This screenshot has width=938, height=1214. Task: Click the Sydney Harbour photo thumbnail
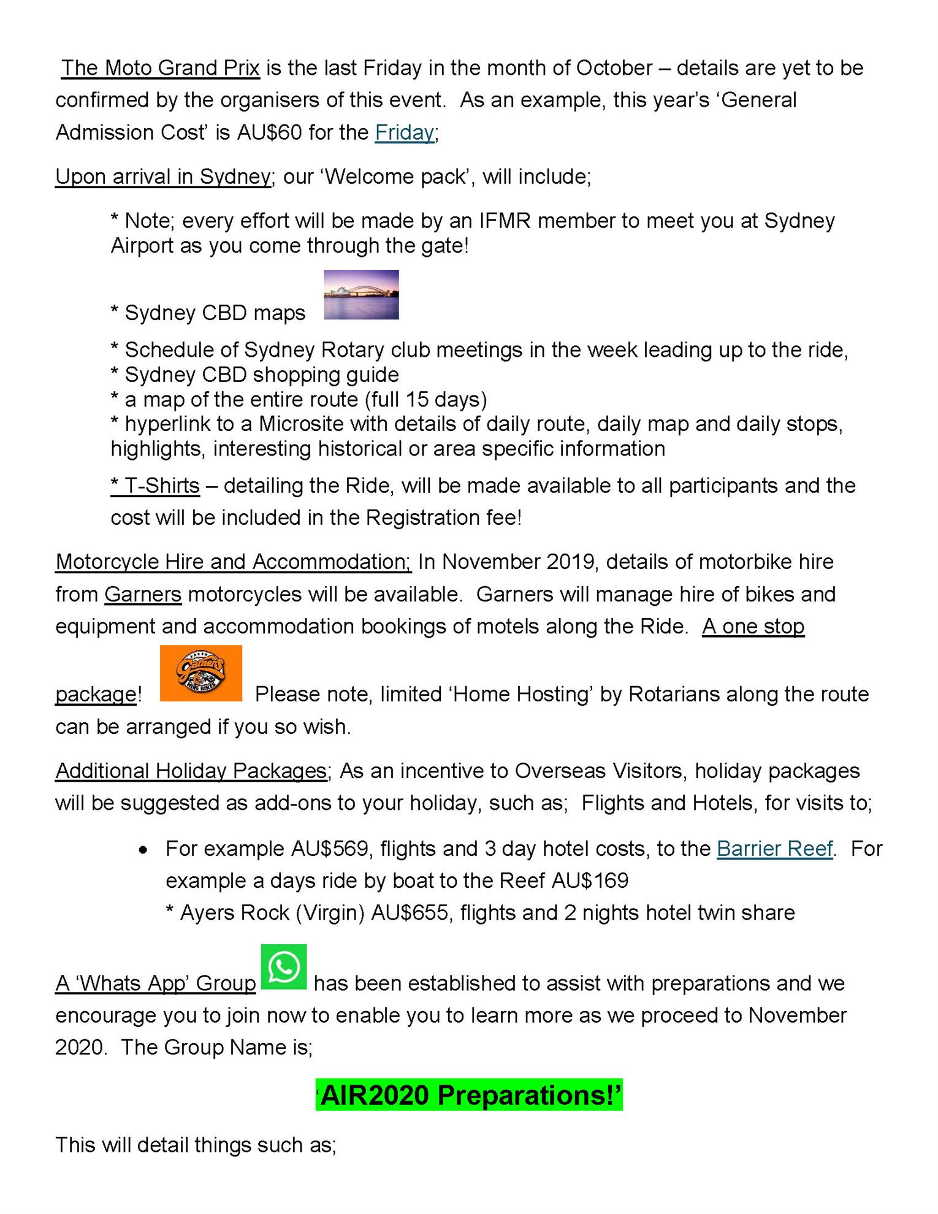(x=361, y=295)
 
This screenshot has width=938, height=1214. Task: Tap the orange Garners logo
(x=200, y=673)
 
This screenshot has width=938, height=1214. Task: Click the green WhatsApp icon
(x=284, y=967)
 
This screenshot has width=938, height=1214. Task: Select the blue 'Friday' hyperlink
(x=405, y=132)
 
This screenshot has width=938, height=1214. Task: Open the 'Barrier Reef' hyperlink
(x=774, y=849)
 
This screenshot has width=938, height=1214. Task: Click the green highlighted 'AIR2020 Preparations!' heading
(x=469, y=1095)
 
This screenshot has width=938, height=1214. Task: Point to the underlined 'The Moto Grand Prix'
(x=161, y=68)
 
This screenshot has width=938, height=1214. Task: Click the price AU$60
(x=270, y=132)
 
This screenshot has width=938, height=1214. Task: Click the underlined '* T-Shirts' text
(x=155, y=486)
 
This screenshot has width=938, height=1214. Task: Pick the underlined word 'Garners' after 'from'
(x=143, y=594)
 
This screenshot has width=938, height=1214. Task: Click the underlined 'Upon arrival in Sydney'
(x=163, y=177)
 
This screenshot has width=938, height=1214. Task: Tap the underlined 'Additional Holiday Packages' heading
(x=191, y=771)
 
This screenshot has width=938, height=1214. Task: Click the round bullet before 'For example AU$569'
(x=143, y=850)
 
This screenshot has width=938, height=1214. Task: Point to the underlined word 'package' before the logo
(x=96, y=694)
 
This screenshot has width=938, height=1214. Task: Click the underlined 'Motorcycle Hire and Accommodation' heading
(x=233, y=562)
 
